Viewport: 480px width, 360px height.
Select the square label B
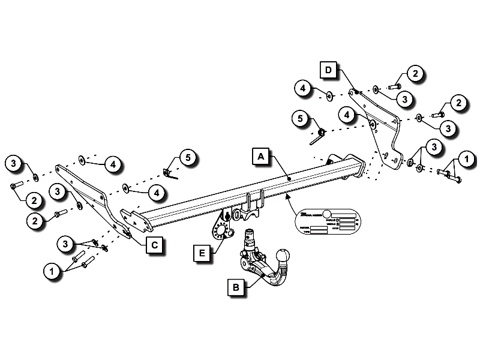pos(236,287)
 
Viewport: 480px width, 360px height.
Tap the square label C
pos(154,244)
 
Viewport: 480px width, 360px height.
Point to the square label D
pos(328,70)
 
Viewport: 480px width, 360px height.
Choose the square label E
pos(203,254)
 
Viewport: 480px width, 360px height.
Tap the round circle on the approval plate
pos(327,214)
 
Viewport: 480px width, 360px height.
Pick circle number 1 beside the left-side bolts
pos(52,272)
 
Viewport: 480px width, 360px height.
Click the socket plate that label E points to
pos(220,231)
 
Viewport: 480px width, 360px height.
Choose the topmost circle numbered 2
pos(414,74)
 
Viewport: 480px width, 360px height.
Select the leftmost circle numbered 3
pos(14,162)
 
